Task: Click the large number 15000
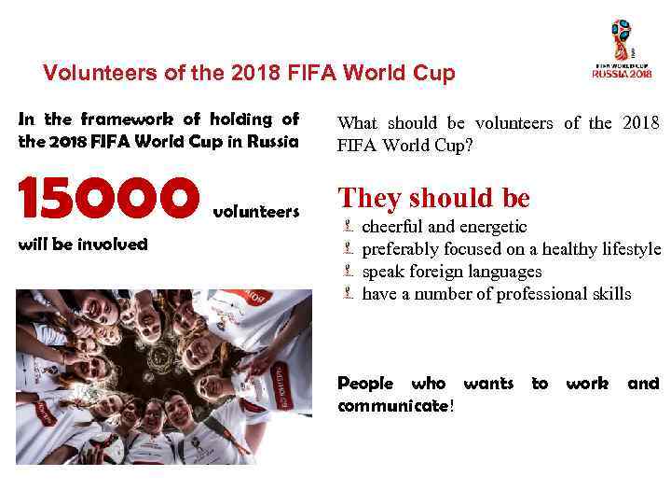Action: pyautogui.click(x=108, y=198)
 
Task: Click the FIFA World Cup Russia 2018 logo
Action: pyautogui.click(x=622, y=51)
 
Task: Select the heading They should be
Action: pyautogui.click(x=433, y=198)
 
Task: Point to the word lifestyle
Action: pyautogui.click(x=633, y=249)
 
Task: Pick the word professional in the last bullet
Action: pyautogui.click(x=530, y=294)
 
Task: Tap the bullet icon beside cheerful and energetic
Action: pyautogui.click(x=346, y=227)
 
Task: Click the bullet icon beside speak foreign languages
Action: pyautogui.click(x=346, y=272)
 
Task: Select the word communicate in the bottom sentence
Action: pyautogui.click(x=392, y=406)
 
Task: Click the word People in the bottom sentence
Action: pyautogui.click(x=365, y=384)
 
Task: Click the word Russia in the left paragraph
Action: pyautogui.click(x=271, y=142)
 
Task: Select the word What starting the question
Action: pyautogui.click(x=358, y=123)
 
